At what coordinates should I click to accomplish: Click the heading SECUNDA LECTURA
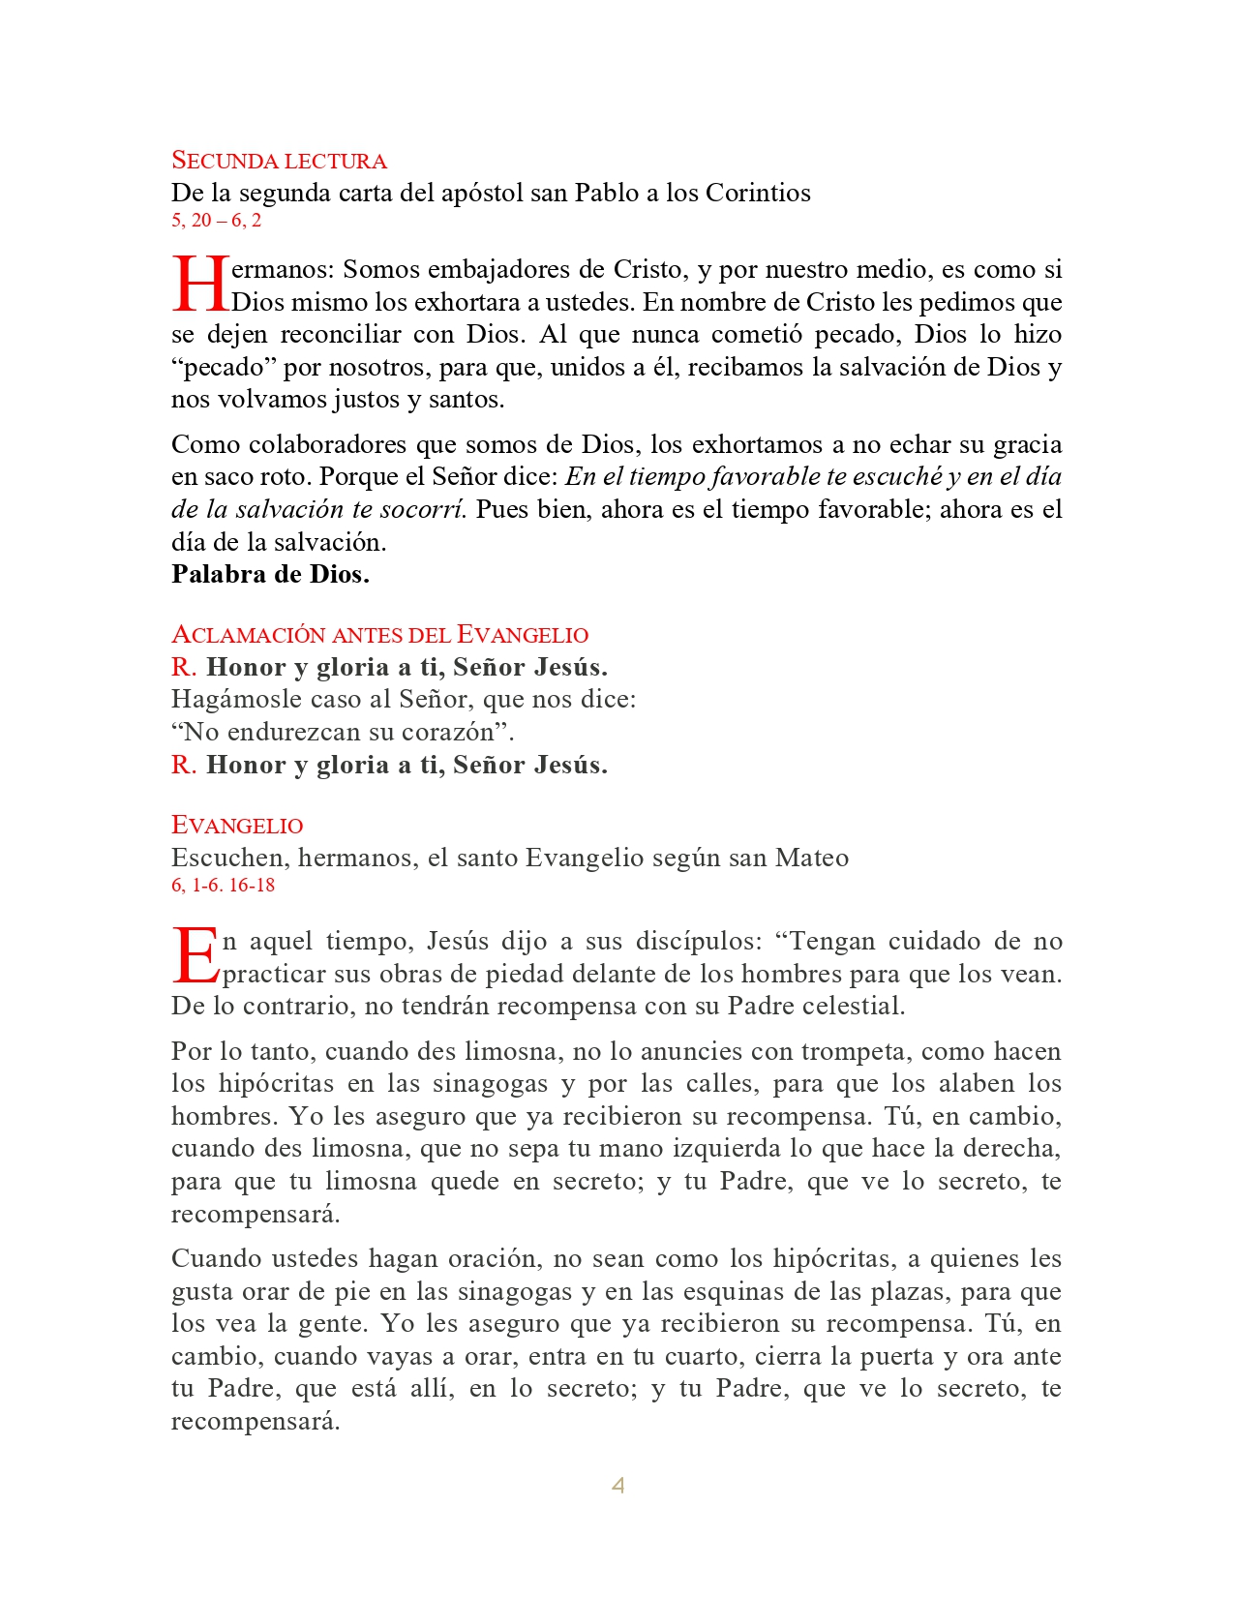[279, 161]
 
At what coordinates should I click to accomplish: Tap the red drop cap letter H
[200, 284]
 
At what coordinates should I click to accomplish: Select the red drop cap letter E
[195, 956]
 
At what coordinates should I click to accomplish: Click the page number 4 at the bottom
[617, 1485]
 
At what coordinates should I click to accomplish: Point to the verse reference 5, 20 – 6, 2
[216, 221]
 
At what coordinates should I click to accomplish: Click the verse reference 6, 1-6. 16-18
[223, 886]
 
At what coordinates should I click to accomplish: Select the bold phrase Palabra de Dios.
[270, 574]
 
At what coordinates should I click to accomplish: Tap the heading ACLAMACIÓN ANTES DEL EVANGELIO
[379, 635]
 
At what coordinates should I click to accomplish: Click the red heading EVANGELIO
[237, 826]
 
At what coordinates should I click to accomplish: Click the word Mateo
[812, 859]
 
